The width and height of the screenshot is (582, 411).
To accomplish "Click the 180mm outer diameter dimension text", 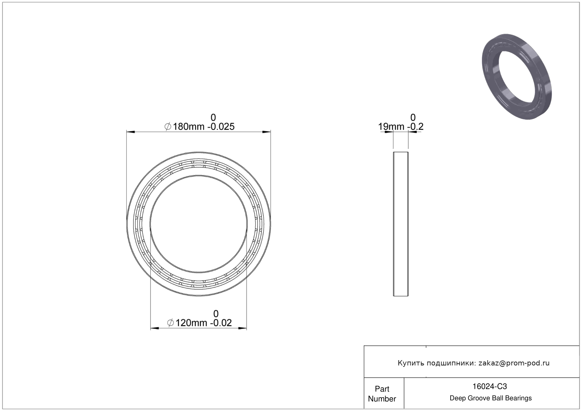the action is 189,127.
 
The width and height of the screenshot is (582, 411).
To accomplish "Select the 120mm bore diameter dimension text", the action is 191,323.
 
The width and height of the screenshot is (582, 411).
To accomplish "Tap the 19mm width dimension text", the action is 391,127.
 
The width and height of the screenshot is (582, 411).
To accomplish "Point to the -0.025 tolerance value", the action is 221,127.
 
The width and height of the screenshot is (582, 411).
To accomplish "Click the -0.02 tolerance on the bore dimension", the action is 221,323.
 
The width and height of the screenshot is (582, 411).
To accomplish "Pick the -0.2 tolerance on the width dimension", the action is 415,127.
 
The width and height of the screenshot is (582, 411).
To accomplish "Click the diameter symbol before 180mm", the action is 168,127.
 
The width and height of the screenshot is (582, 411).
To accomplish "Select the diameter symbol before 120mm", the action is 171,323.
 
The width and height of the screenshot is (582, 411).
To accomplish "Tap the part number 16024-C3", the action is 489,386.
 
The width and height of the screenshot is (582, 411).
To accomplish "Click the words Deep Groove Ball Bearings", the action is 491,398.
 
